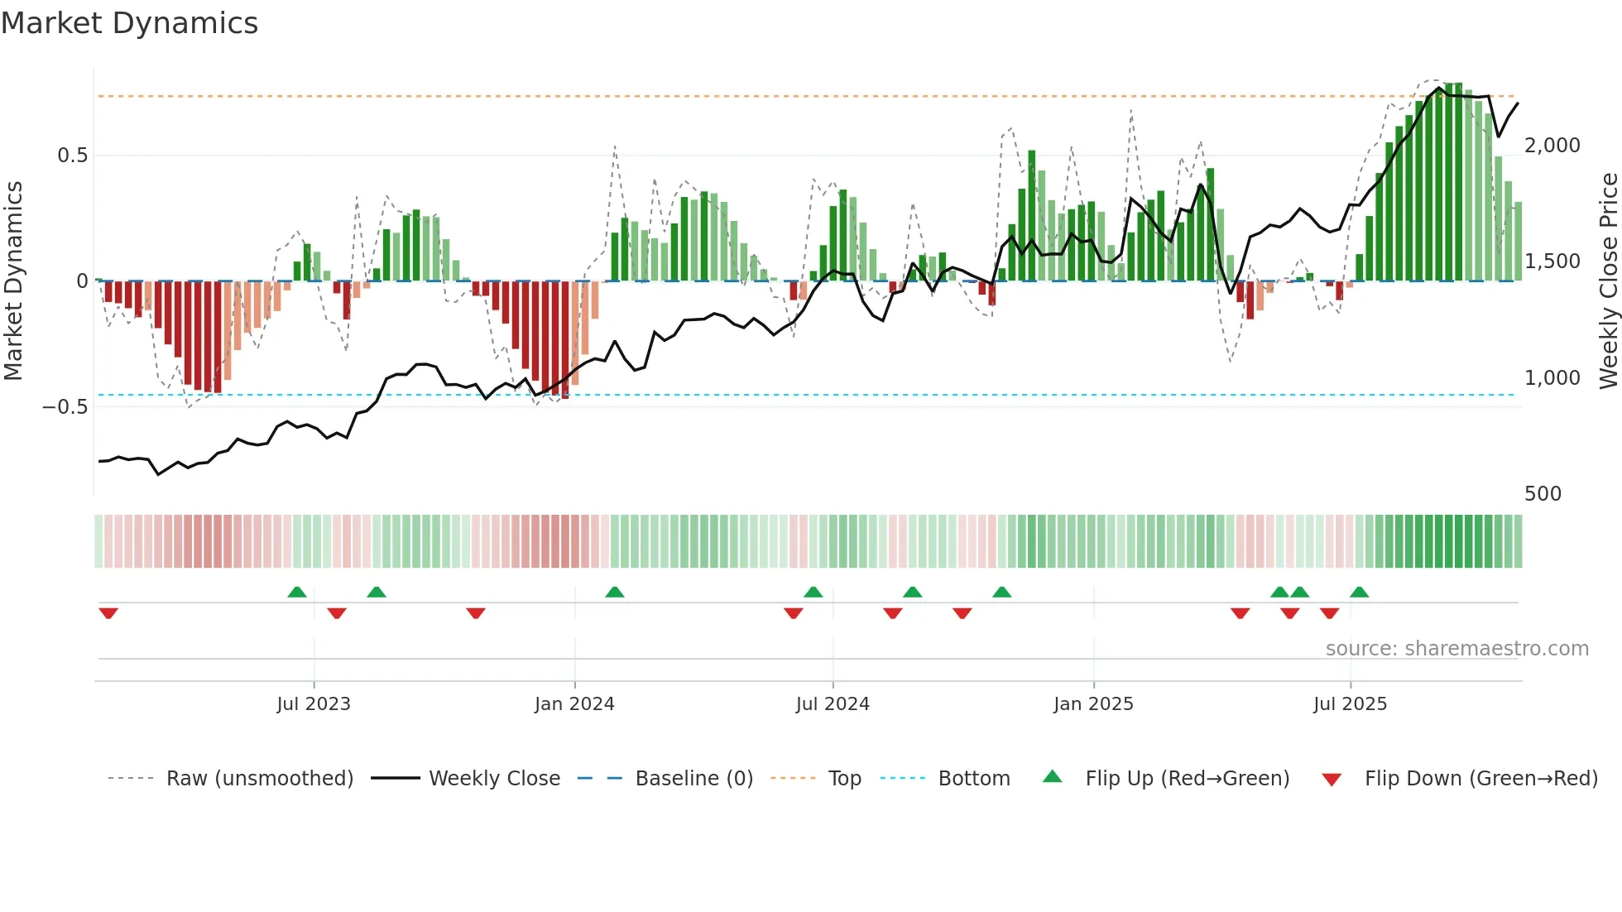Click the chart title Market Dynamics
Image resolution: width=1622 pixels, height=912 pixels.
pyautogui.click(x=129, y=23)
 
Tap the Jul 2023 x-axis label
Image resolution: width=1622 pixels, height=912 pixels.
pyautogui.click(x=314, y=704)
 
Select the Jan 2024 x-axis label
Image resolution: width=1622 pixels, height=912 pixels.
pyautogui.click(x=574, y=704)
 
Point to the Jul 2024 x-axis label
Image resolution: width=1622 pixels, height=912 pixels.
pyautogui.click(x=833, y=704)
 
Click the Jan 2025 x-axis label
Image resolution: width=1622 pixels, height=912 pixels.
pyautogui.click(x=1093, y=704)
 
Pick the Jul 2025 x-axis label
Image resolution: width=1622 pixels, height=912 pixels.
pyautogui.click(x=1350, y=704)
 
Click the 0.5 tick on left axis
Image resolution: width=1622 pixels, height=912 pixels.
pyautogui.click(x=72, y=156)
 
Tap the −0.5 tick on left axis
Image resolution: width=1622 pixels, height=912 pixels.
pyautogui.click(x=65, y=407)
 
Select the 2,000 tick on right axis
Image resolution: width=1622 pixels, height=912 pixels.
pyautogui.click(x=1552, y=146)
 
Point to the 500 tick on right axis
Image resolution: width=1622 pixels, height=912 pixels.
pyautogui.click(x=1543, y=494)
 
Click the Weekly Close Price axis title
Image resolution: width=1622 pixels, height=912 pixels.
pyautogui.click(x=1608, y=281)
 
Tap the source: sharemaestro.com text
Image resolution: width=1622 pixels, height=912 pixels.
pyautogui.click(x=1456, y=649)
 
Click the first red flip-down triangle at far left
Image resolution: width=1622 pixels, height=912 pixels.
pyautogui.click(x=108, y=613)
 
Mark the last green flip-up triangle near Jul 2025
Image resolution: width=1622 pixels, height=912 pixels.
pyautogui.click(x=1359, y=592)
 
